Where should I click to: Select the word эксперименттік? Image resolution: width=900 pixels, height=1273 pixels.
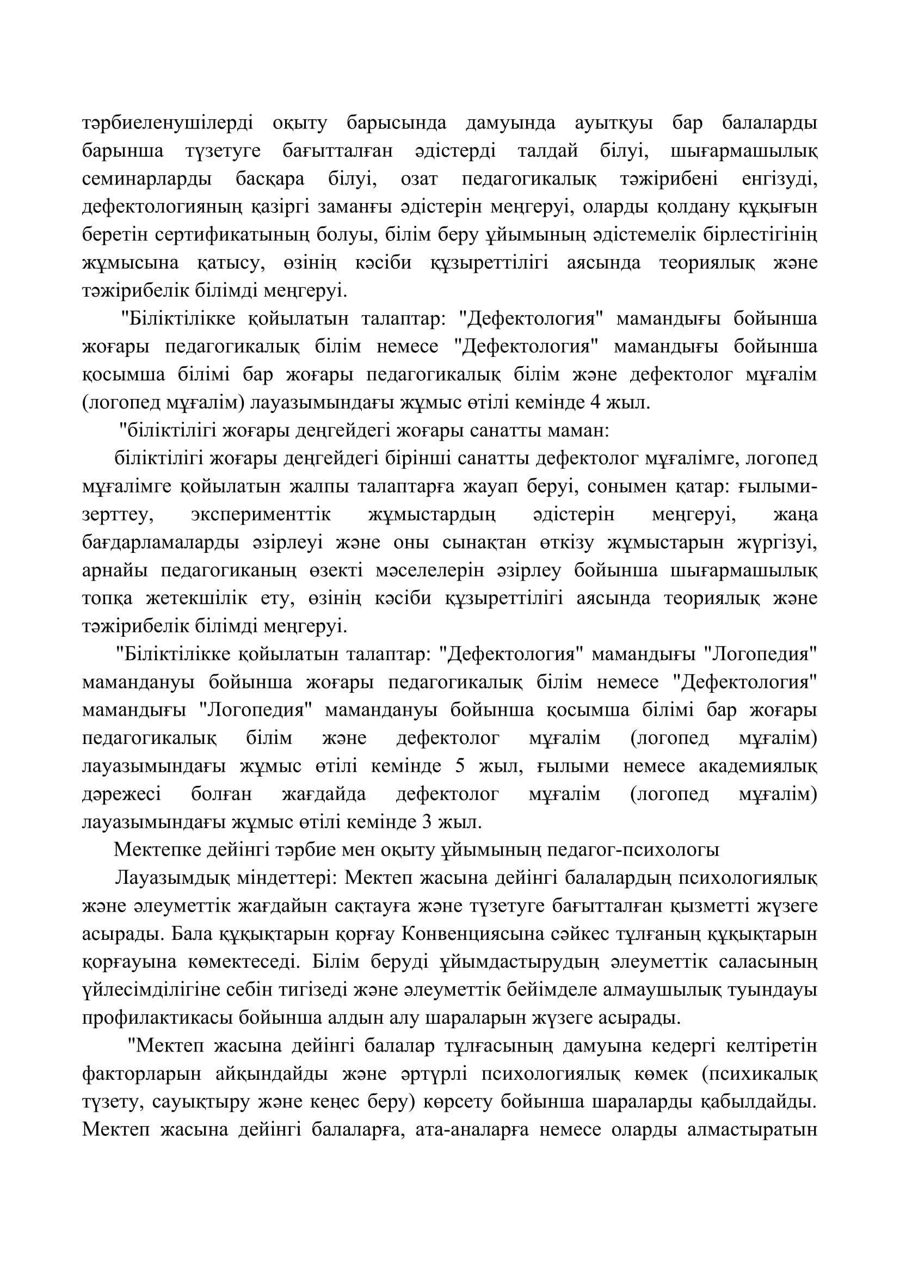coord(261,514)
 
